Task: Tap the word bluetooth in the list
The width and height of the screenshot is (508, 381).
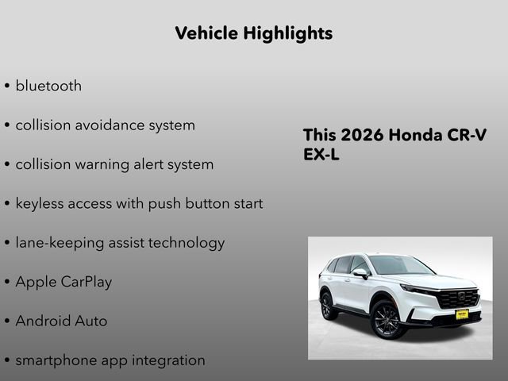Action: (x=48, y=86)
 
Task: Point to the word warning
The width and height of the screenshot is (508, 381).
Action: (x=107, y=165)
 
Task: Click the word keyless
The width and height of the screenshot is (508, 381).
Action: (x=40, y=203)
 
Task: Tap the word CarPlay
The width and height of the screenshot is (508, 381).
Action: (x=87, y=282)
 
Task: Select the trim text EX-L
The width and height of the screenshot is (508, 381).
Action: (x=321, y=155)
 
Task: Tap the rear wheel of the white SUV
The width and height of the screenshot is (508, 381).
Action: (x=327, y=305)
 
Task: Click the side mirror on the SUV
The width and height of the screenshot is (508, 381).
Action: (x=361, y=274)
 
